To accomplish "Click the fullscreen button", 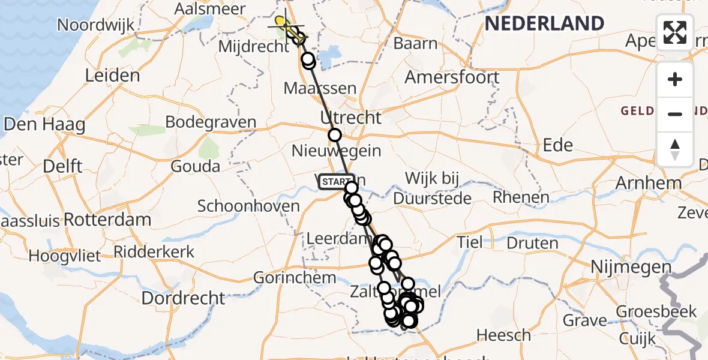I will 675,32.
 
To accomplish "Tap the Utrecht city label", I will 351,117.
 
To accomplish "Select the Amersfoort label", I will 452,77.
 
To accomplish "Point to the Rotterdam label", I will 107,219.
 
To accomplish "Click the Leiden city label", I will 112,76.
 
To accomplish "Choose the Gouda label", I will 195,166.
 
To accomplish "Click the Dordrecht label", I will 184,297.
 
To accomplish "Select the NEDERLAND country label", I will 544,24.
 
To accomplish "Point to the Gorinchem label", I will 295,278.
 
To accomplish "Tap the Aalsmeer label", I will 209,9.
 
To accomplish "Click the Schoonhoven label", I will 248,206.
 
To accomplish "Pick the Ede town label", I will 557,145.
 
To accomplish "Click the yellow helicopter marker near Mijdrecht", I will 281,23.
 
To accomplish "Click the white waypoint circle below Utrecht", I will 335,135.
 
